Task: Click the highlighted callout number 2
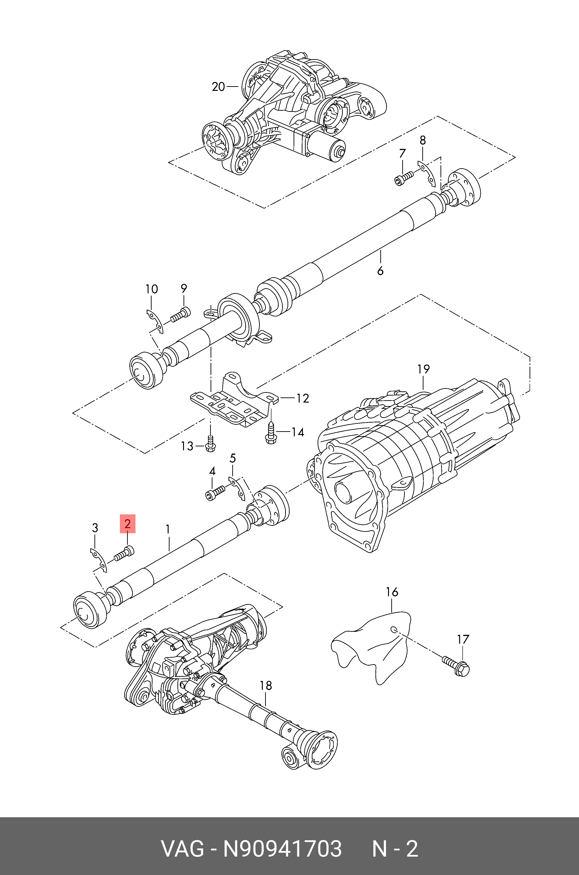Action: point(127,524)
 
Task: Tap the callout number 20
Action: point(218,87)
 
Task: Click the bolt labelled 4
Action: point(215,492)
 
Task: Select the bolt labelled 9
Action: point(180,314)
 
